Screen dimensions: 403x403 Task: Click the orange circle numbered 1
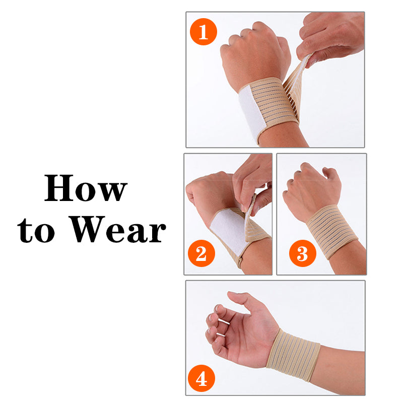click(x=203, y=32)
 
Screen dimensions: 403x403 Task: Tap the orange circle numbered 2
click(x=201, y=253)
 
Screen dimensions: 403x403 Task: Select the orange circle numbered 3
click(x=302, y=253)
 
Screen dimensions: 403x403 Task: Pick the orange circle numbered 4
click(x=201, y=378)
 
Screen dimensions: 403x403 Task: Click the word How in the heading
click(x=86, y=189)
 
